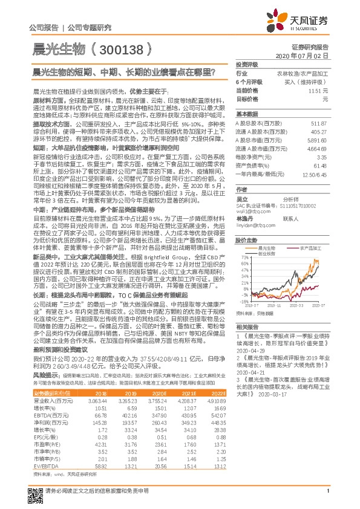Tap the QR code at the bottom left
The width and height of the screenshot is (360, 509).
[x=37, y=491]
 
